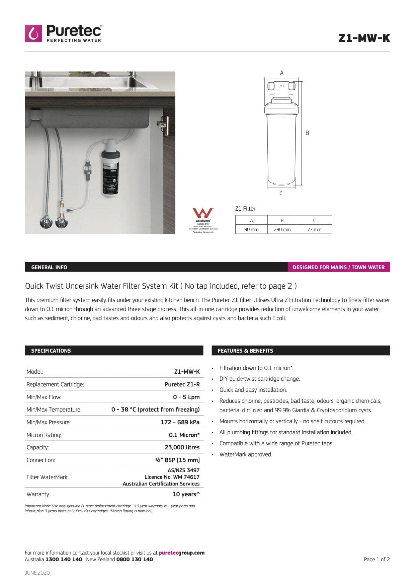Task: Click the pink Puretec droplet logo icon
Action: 33,33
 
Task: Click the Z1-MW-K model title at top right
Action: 364,38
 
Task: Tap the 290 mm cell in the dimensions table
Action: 282,229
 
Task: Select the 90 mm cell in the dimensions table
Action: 251,229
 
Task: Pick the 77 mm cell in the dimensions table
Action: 314,229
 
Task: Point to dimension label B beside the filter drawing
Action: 307,133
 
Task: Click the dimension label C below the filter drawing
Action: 281,193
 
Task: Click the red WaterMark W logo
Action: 203,213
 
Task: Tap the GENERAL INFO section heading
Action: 49,267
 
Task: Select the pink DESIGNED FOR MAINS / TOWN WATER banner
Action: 338,267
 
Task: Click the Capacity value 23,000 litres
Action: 182,447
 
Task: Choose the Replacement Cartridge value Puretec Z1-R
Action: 182,384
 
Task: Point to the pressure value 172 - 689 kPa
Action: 180,422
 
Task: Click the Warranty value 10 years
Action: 186,494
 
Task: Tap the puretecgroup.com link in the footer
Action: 181,553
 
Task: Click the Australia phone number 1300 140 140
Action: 64,560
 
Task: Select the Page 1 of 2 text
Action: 377,560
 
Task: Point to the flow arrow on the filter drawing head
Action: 282,86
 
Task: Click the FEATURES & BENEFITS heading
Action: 245,351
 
